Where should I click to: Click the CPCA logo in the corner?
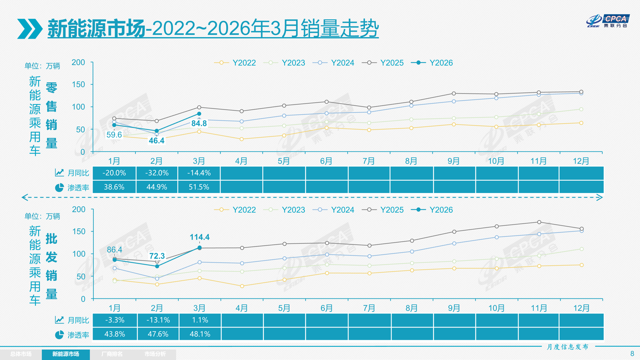pos(608,21)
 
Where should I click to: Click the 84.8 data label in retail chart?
pos(199,124)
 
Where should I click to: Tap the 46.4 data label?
pos(156,141)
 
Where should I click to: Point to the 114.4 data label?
pos(199,237)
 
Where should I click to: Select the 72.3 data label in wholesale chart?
pos(157,256)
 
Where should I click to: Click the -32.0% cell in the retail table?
pos(157,173)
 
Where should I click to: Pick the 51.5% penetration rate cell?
pos(199,187)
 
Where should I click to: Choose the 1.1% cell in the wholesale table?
pos(200,320)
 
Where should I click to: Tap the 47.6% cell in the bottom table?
pos(157,334)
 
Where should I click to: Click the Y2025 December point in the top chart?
pos(581,92)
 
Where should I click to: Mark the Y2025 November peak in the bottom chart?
pos(539,222)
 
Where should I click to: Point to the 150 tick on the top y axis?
pos(78,85)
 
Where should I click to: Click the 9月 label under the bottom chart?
pos(454,308)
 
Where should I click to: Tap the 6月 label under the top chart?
pos(326,161)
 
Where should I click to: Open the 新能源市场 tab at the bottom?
pos(66,354)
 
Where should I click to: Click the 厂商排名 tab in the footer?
pos(112,354)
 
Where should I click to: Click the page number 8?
pos(632,354)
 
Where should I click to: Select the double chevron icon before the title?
pos(30,28)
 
